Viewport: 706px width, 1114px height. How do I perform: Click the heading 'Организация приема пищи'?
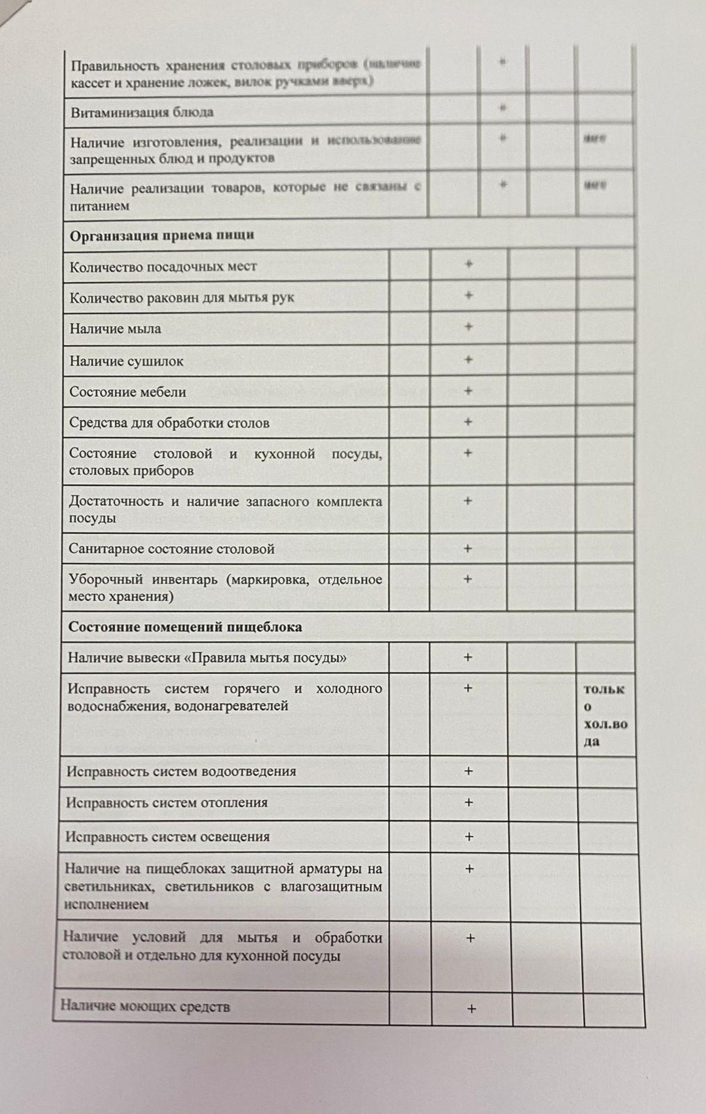pyautogui.click(x=162, y=235)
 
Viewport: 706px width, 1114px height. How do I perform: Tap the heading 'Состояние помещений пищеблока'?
pyautogui.click(x=185, y=627)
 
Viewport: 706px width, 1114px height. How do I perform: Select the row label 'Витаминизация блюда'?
pyautogui.click(x=142, y=112)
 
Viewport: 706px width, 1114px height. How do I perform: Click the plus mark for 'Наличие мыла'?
pyautogui.click(x=469, y=327)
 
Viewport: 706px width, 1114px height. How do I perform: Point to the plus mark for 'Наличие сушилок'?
pyautogui.click(x=469, y=359)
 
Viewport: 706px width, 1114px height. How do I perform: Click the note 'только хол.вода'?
pyautogui.click(x=604, y=715)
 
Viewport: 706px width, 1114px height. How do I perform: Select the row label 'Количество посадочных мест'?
pyautogui.click(x=163, y=267)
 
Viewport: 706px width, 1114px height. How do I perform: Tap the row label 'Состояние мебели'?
pyautogui.click(x=127, y=392)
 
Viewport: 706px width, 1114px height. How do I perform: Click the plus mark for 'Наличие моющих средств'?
pyautogui.click(x=471, y=1008)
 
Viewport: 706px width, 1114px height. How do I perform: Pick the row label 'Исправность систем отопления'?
pyautogui.click(x=166, y=803)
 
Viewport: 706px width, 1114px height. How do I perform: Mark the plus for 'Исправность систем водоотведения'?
pyautogui.click(x=469, y=771)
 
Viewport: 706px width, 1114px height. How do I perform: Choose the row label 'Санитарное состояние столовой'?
pyautogui.click(x=171, y=549)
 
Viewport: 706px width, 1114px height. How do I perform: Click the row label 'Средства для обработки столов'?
pyautogui.click(x=168, y=423)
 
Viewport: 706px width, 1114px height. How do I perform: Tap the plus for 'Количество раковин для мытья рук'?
pyautogui.click(x=469, y=295)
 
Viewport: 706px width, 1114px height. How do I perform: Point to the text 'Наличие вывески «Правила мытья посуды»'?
pyautogui.click(x=207, y=657)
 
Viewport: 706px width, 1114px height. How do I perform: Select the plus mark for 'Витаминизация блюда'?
pyautogui.click(x=503, y=108)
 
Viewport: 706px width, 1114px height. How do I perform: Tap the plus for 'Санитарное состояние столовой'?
pyautogui.click(x=468, y=548)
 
